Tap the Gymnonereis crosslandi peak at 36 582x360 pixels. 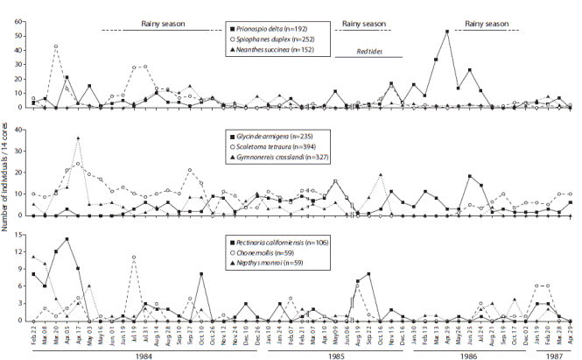(x=78, y=138)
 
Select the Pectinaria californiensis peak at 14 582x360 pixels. (x=67, y=239)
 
